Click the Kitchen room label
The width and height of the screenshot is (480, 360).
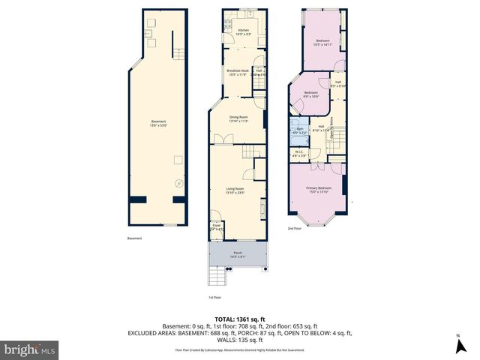pos(242,32)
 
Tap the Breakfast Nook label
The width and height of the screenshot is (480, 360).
pos(238,73)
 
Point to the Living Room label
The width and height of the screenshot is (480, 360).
pos(236,190)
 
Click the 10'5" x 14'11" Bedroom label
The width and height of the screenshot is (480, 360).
pos(322,42)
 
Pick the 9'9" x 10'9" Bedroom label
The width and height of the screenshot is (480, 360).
pos(310,94)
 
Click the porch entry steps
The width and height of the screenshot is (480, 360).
pos(216,278)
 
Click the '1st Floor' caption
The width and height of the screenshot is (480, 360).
pos(214,297)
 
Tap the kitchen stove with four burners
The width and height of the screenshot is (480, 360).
pos(226,23)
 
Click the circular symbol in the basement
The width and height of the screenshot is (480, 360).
pos(178,182)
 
